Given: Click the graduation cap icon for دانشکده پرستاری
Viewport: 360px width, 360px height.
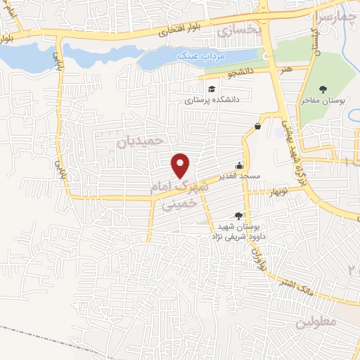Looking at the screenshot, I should [x=212, y=89].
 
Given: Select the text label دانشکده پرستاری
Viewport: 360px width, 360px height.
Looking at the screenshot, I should [x=212, y=100].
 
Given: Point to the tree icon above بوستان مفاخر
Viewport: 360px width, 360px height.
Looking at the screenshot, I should [x=323, y=89].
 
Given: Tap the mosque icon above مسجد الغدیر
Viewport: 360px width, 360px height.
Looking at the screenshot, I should [x=240, y=165].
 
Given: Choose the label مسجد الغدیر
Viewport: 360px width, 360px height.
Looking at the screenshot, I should [x=239, y=175].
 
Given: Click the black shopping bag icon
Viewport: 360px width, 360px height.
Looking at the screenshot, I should [x=258, y=126].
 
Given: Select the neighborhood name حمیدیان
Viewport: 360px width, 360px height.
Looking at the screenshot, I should [x=139, y=141].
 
